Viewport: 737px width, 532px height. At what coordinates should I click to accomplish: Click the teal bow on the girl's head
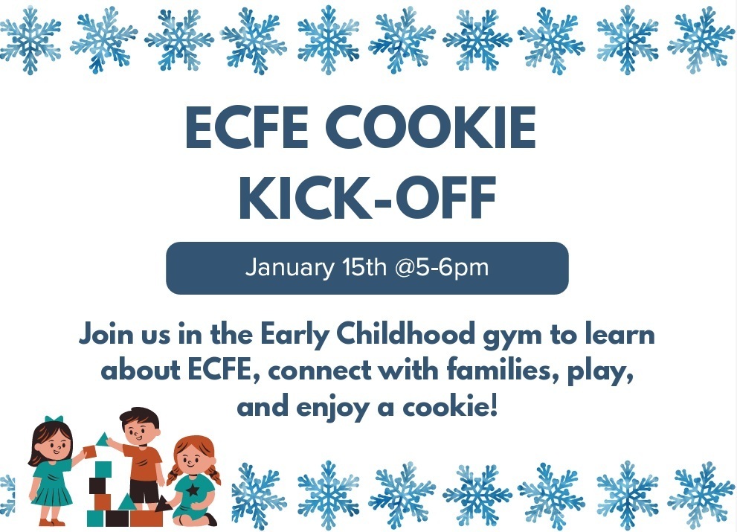(54, 420)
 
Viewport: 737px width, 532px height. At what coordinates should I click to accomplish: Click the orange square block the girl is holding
(89, 451)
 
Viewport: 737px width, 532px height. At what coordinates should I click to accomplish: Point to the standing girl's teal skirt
(53, 491)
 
